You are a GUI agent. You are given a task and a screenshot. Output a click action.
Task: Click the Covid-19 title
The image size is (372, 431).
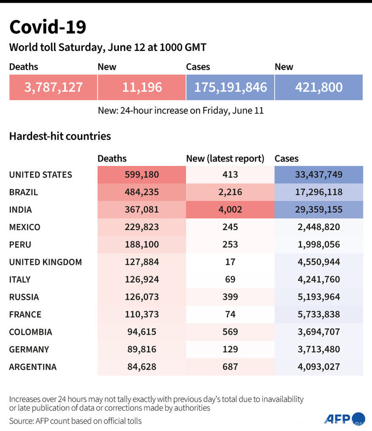(48, 27)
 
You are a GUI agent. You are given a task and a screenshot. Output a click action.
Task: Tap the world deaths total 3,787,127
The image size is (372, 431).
(53, 87)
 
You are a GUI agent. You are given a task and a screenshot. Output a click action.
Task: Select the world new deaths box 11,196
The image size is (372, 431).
(142, 87)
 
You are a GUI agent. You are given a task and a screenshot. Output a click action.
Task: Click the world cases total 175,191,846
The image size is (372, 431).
(230, 87)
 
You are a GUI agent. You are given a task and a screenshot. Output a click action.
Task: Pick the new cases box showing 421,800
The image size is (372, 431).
(319, 87)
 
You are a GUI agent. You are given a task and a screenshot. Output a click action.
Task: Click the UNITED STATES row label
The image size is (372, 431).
(40, 175)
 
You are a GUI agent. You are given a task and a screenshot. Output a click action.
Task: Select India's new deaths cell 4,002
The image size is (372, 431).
(230, 210)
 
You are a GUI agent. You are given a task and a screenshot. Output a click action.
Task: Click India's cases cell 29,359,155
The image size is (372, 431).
(318, 210)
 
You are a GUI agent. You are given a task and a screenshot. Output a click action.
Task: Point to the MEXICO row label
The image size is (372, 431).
(25, 227)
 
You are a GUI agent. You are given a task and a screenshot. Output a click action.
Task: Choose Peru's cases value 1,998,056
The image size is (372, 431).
(318, 244)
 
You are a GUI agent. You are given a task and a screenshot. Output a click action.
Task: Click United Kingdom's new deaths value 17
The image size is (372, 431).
(230, 262)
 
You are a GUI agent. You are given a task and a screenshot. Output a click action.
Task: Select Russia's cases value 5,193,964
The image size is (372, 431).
(318, 297)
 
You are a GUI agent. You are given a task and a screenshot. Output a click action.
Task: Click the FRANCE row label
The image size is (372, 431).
(25, 314)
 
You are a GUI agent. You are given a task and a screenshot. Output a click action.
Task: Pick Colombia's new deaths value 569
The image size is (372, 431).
(230, 332)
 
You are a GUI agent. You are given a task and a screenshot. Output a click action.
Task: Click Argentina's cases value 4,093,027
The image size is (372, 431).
(318, 366)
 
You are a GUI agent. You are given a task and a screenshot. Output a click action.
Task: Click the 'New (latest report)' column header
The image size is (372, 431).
(225, 159)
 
